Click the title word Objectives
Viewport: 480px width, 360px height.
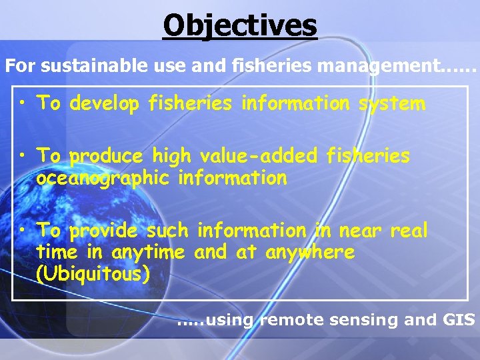click(240, 25)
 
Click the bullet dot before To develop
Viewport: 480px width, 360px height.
click(24, 103)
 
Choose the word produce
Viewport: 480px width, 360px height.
click(107, 156)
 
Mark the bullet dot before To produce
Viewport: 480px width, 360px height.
click(24, 155)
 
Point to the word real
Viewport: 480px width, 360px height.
click(409, 231)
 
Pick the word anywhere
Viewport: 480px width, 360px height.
click(310, 253)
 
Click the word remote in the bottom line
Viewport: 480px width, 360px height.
click(285, 320)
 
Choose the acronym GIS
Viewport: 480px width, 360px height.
click(459, 320)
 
